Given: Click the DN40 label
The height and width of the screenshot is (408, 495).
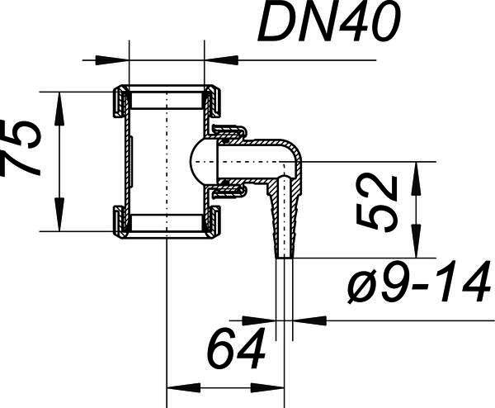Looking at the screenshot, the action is coord(329,21).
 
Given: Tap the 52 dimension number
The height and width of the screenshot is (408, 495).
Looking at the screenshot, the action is coord(377,202).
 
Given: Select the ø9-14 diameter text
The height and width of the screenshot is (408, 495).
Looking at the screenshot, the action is coord(420,282).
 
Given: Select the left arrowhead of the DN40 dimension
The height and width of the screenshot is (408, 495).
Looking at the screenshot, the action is coord(112,60).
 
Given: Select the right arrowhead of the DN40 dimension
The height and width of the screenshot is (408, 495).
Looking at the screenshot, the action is coord(221,60).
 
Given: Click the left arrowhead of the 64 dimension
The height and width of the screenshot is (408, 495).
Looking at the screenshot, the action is coord(183,388).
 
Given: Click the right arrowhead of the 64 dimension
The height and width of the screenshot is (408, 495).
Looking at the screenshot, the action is coord(267,388).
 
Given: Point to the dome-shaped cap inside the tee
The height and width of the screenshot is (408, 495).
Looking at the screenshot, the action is coord(205,162).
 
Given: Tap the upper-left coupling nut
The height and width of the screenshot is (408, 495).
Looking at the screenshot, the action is coord(120,102).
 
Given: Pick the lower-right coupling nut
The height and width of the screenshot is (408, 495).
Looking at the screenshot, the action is coord(213,221).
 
